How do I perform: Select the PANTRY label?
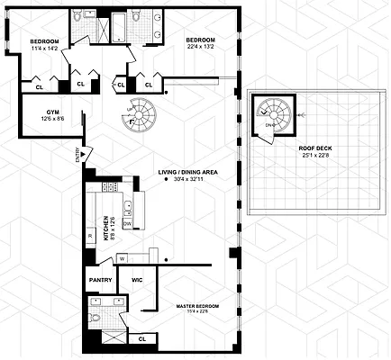pyautogui.click(x=100, y=280)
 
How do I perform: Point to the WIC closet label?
pyautogui.click(x=137, y=280)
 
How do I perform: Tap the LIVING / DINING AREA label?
pyautogui.click(x=188, y=172)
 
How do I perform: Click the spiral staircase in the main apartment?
pyautogui.click(x=139, y=116)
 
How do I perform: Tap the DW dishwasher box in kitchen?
pyautogui.click(x=127, y=223)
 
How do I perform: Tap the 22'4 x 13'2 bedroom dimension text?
pyautogui.click(x=200, y=49)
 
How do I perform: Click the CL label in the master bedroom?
pyautogui.click(x=141, y=339)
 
